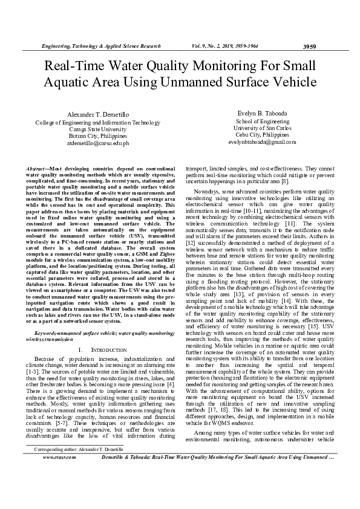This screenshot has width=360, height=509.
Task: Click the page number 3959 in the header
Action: coord(309,46)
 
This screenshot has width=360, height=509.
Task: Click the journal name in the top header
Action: coord(100,46)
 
